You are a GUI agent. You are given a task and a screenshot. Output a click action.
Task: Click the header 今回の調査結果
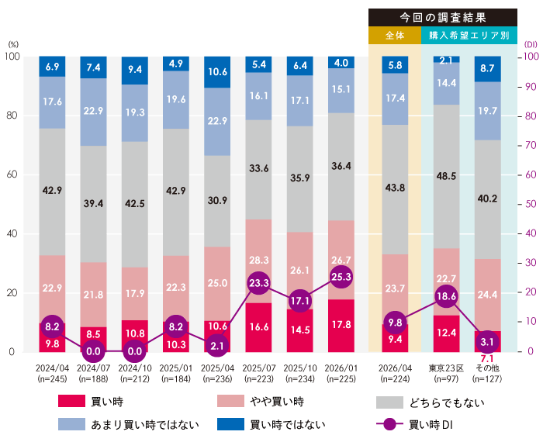click(x=443, y=17)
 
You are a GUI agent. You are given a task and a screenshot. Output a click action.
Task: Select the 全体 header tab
click(x=395, y=36)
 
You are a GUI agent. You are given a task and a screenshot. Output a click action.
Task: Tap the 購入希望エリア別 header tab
click(x=469, y=36)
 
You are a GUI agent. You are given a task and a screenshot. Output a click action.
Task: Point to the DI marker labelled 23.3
click(x=258, y=283)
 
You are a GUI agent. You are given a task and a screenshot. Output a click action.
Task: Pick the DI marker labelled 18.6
click(x=446, y=297)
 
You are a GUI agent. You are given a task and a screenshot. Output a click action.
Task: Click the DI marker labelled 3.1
click(x=488, y=342)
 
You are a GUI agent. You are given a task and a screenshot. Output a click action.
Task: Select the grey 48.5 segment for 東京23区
click(x=446, y=176)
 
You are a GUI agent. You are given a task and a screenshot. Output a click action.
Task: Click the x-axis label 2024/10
click(x=135, y=371)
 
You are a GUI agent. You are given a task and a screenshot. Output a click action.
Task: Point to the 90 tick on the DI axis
click(x=531, y=86)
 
